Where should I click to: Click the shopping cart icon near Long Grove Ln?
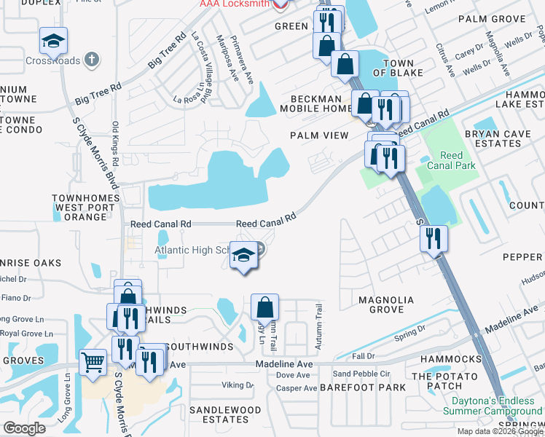tap(93, 362)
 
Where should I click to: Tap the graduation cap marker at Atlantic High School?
tap(245, 256)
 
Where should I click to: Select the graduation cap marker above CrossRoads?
tap(53, 42)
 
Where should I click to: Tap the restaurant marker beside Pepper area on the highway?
tap(434, 238)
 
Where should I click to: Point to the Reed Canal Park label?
tap(457, 160)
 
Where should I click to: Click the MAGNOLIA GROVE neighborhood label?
tap(386, 305)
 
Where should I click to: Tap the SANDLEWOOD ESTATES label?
tap(225, 414)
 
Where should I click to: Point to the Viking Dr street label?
tap(237, 385)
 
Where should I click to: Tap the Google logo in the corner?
tap(24, 428)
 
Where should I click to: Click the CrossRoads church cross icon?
tap(91, 58)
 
